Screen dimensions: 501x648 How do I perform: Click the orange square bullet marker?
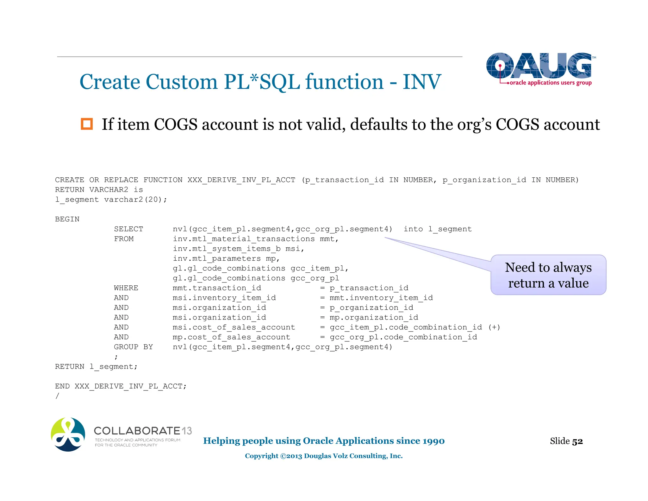pyautogui.click(x=87, y=124)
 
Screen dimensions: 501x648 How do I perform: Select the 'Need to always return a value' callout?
pyautogui.click(x=548, y=275)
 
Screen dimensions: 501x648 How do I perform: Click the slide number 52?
pyautogui.click(x=577, y=441)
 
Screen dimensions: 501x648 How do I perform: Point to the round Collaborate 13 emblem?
pyautogui.click(x=68, y=434)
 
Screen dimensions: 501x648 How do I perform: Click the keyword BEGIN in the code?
pyautogui.click(x=67, y=219)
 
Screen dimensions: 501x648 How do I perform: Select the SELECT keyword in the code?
pyautogui.click(x=128, y=229)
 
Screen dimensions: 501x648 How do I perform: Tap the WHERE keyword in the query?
pyautogui.click(x=126, y=288)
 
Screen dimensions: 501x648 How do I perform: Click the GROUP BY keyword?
pyautogui.click(x=133, y=347)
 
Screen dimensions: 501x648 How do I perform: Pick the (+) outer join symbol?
pyautogui.click(x=494, y=327)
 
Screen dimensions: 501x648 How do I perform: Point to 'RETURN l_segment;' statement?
pyautogui.click(x=96, y=366)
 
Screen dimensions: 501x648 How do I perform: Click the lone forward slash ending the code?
pyautogui.click(x=57, y=396)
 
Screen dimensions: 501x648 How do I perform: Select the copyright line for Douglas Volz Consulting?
pyautogui.click(x=324, y=456)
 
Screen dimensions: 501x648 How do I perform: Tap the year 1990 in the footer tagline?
pyautogui.click(x=433, y=441)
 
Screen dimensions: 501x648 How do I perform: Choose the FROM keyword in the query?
pyautogui.click(x=124, y=239)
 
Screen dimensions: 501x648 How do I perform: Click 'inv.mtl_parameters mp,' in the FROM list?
pyautogui.click(x=226, y=258)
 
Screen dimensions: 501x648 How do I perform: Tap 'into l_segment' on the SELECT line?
pyautogui.click(x=438, y=229)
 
